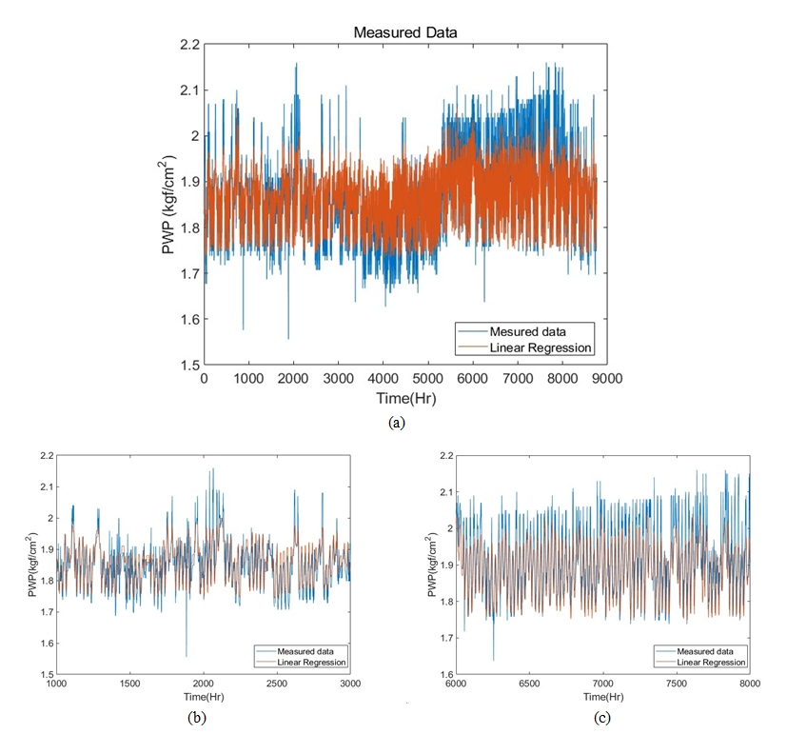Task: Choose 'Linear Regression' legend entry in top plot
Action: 541,347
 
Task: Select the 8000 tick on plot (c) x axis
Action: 749,684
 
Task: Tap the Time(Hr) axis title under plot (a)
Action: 404,397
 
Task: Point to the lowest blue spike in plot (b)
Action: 187,656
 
